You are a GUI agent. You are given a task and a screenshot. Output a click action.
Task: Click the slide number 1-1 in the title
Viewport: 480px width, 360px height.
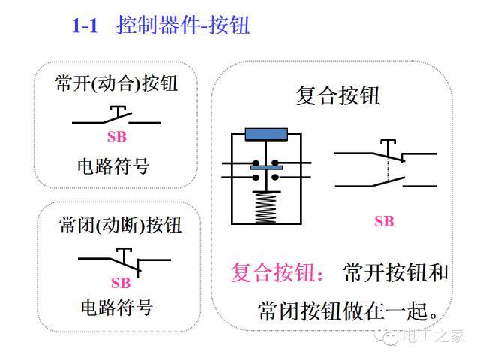[x=85, y=26]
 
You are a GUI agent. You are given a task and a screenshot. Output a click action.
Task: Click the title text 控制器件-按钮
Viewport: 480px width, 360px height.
[x=183, y=26]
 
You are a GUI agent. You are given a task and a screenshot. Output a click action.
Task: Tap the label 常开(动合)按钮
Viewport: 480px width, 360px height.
[x=116, y=82]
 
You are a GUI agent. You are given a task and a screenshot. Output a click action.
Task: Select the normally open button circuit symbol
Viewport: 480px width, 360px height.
[x=116, y=117]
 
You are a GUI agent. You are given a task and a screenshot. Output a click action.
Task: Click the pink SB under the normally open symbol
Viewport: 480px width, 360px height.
[x=116, y=137]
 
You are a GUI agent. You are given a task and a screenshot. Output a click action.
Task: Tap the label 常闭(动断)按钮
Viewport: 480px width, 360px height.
[x=120, y=224]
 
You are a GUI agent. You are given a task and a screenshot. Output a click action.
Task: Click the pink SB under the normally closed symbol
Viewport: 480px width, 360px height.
[x=121, y=283]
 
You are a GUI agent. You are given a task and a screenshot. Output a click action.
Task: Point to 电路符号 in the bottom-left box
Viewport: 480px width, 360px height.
[x=117, y=307]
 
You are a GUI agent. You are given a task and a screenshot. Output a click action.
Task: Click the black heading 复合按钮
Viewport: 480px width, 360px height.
[x=338, y=96]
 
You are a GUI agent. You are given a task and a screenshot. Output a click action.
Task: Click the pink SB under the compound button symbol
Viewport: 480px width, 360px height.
[x=384, y=221]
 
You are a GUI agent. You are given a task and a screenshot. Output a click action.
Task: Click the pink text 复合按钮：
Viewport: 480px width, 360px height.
[x=278, y=271]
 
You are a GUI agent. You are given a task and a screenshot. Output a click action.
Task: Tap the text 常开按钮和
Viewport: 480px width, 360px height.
[x=395, y=271]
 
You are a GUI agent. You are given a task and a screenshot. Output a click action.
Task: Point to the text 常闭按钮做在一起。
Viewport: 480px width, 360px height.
[x=348, y=308]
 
